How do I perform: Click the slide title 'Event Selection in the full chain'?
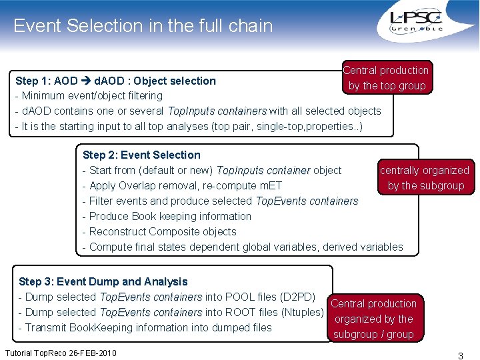143,26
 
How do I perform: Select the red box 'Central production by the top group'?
386,78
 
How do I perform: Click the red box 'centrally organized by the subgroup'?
425,178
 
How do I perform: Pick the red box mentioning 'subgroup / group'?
374,319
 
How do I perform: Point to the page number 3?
460,356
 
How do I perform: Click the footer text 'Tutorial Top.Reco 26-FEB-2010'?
59,352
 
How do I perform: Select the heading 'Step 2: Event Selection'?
141,155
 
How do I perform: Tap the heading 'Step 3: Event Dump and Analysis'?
103,282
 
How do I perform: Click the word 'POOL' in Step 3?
240,297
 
